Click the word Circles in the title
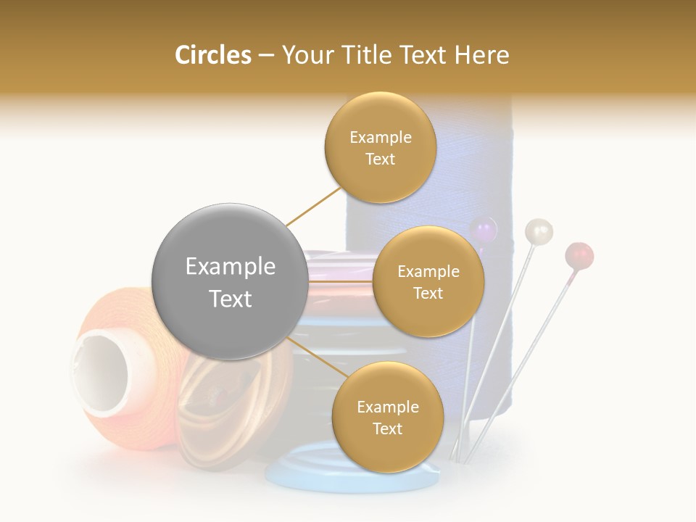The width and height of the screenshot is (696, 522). point(213,55)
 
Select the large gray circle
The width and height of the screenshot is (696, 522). point(230,281)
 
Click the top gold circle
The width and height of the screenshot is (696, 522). point(381,147)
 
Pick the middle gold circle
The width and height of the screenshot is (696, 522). point(428,281)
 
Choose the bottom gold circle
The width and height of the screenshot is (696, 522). point(387,417)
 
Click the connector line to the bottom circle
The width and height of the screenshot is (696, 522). point(313,356)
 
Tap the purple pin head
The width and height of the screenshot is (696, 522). point(483,231)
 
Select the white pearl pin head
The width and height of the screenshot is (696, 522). point(538,231)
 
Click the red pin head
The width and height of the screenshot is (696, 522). point(579,255)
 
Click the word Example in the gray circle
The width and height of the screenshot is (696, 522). point(230,267)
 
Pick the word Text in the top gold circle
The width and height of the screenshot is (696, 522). point(381,159)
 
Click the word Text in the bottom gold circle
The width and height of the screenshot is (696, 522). point(387,429)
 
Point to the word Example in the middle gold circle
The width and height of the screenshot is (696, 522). point(428,272)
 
